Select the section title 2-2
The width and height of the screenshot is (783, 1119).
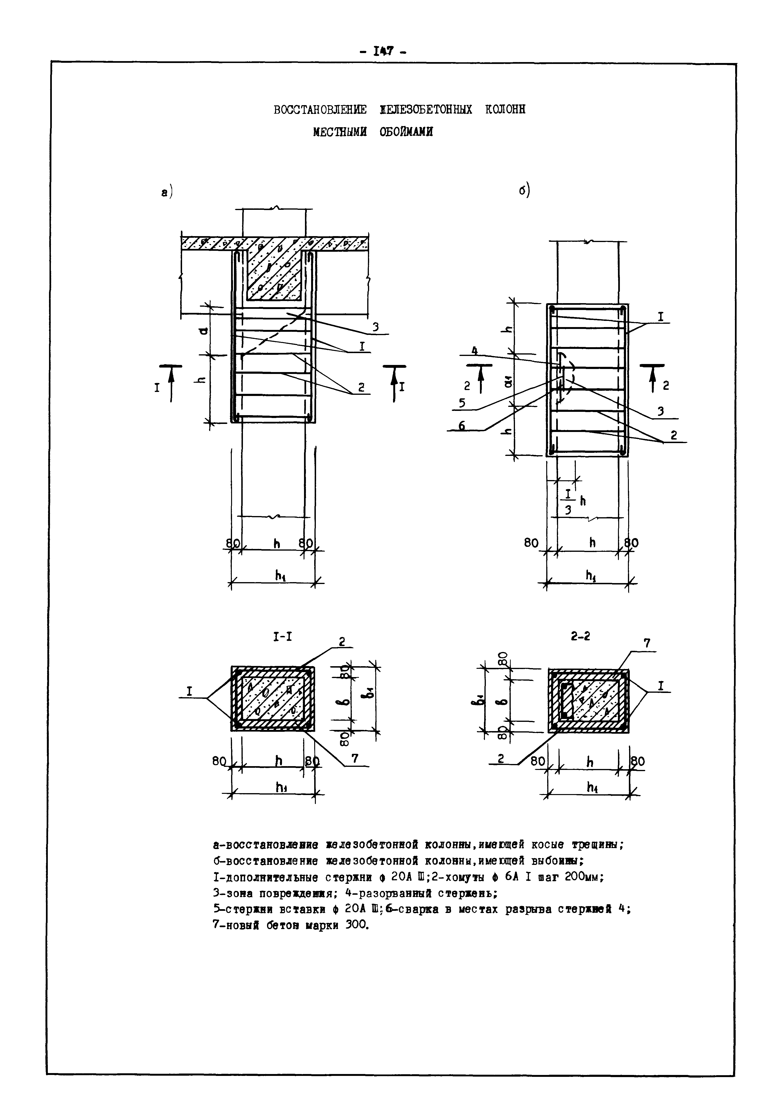[x=580, y=636]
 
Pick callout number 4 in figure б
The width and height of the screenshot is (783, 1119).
[x=474, y=351]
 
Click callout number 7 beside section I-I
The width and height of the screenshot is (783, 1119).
[x=355, y=758]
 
